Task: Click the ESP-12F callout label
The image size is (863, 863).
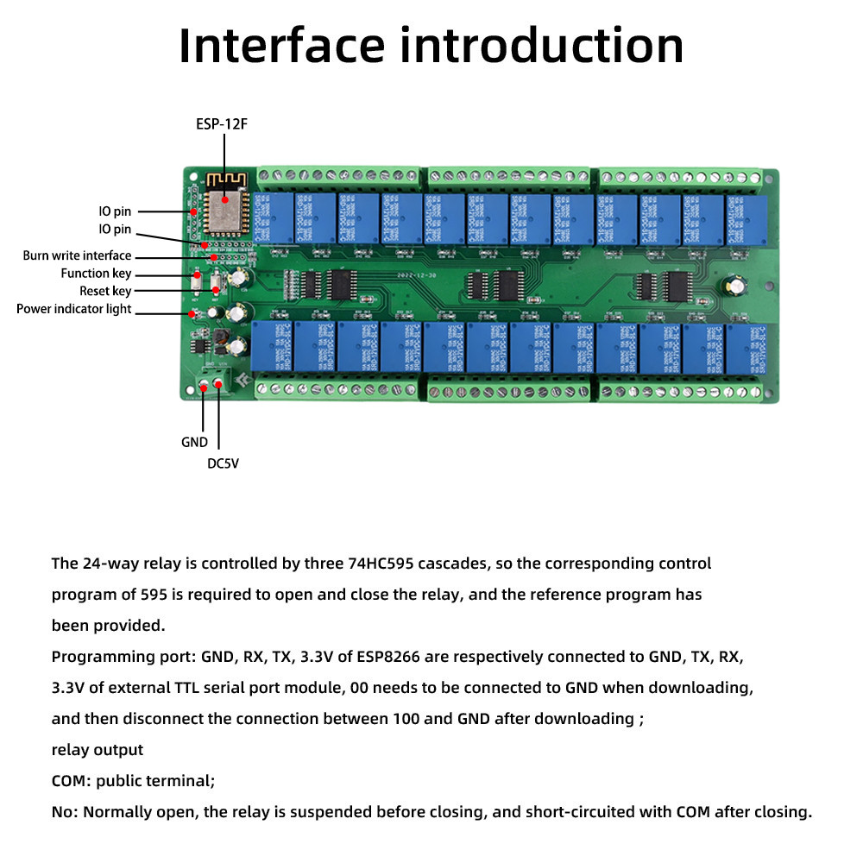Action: tap(222, 124)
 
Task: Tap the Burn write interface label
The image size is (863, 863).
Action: tap(77, 255)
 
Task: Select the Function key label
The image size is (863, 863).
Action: tap(96, 274)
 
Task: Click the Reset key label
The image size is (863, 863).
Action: tap(105, 292)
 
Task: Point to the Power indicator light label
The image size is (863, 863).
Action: tap(73, 309)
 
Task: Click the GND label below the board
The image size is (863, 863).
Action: tap(194, 442)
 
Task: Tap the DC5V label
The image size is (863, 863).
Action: tap(223, 463)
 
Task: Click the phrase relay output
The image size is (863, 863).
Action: tap(98, 750)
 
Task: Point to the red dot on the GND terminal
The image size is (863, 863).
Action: tap(204, 388)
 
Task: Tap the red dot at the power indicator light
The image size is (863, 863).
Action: tap(192, 313)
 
